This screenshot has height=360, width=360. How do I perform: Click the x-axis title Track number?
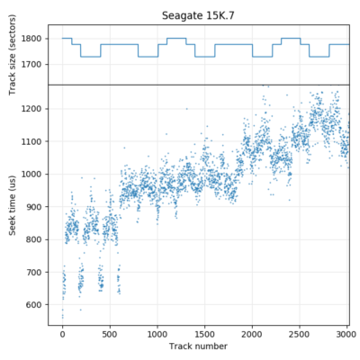[199, 346]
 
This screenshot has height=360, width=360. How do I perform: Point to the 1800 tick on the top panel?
[33, 39]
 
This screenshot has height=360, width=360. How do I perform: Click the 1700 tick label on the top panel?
[33, 65]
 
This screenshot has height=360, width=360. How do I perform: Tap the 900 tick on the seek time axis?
[36, 207]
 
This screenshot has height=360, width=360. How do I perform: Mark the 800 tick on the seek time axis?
[36, 239]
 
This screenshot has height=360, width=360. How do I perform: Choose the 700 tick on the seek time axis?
[36, 272]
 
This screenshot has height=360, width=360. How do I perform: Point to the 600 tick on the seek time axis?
[36, 305]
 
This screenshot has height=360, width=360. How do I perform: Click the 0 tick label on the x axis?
[62, 333]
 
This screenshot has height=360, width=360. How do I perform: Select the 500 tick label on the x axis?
[110, 333]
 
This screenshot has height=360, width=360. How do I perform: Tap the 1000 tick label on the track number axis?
[157, 333]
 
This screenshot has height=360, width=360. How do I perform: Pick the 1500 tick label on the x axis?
[205, 333]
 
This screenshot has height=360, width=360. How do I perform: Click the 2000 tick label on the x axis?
[253, 333]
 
